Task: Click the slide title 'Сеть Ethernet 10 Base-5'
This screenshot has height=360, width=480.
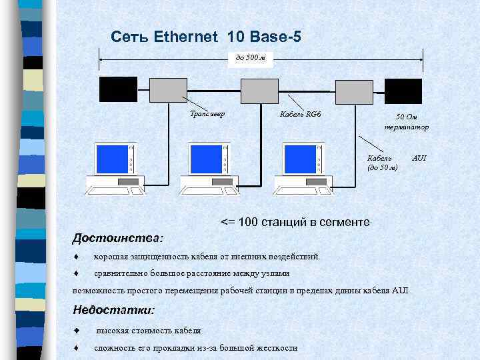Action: (x=206, y=37)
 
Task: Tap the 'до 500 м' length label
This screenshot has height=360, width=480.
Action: (x=250, y=58)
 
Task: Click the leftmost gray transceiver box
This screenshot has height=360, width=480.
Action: (x=167, y=89)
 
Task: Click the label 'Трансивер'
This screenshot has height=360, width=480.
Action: (x=207, y=113)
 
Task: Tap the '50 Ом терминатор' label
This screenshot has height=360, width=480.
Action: (x=405, y=121)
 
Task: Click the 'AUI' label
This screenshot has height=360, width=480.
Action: (x=419, y=158)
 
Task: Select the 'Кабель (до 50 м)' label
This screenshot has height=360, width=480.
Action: (x=382, y=163)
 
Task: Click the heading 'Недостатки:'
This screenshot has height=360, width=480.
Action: (x=113, y=310)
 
